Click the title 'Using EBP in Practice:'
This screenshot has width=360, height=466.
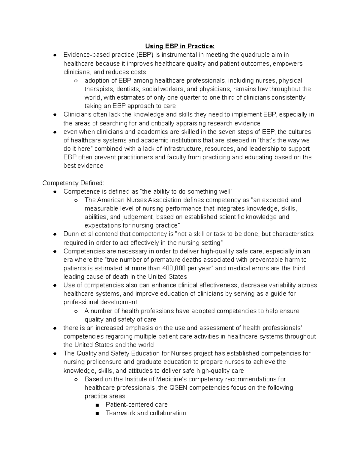(180, 46)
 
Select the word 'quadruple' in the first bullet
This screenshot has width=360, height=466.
(257, 55)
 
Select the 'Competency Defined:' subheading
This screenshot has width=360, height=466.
(73, 183)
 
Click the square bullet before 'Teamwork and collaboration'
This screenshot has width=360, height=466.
(97, 413)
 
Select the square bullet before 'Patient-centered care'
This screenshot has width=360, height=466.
(97, 405)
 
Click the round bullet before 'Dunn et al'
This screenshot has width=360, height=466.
(55, 234)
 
